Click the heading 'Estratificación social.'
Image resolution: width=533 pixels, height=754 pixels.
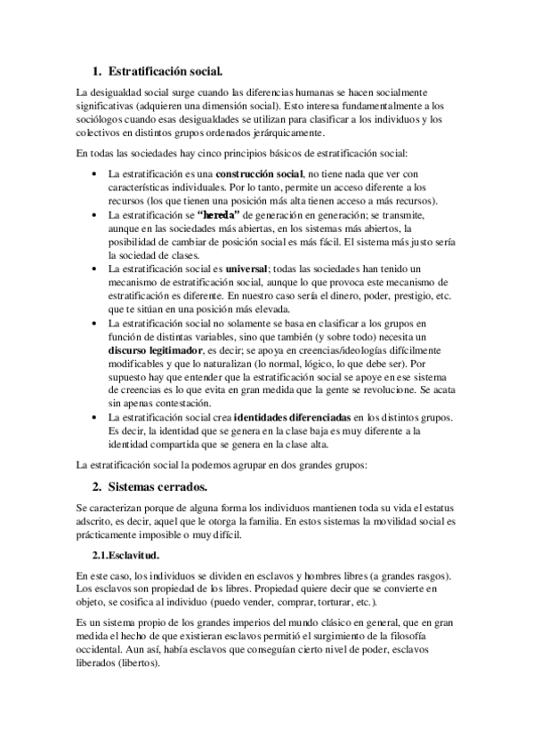point(165,68)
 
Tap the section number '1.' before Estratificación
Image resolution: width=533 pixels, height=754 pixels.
point(97,68)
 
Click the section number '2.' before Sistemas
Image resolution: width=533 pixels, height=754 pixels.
point(97,486)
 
